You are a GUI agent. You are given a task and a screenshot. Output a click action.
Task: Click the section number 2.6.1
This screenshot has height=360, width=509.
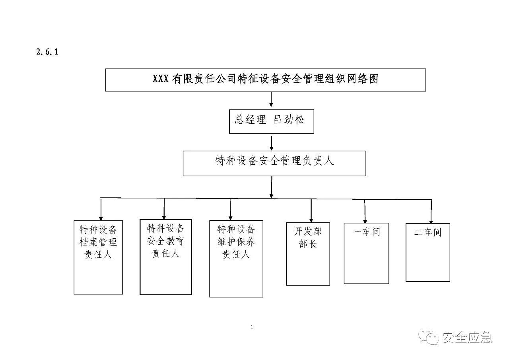(47, 52)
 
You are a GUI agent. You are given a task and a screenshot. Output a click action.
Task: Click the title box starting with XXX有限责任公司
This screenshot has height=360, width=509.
(265, 80)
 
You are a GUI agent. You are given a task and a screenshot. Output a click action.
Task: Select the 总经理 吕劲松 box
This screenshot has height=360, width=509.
(271, 121)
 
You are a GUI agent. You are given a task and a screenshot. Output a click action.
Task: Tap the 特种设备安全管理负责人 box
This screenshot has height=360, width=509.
(274, 163)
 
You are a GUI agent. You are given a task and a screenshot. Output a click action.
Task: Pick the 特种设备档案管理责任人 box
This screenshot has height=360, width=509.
(98, 257)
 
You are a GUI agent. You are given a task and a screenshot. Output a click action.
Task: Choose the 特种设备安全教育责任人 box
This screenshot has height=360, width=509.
(165, 257)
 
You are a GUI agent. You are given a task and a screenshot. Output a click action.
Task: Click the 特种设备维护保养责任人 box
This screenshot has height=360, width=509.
(236, 258)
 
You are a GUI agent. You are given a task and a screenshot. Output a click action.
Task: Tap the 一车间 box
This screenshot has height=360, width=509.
(366, 253)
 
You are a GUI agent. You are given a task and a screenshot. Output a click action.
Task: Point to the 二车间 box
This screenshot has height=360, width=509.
(427, 253)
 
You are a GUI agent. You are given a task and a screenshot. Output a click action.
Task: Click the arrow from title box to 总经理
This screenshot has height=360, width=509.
(271, 100)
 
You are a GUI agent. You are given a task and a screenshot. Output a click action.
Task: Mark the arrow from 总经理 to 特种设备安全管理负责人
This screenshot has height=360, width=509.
(271, 142)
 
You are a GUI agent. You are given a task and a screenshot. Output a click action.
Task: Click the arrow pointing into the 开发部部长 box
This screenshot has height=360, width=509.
(311, 210)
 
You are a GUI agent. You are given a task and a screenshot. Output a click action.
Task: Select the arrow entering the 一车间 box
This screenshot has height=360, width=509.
(365, 211)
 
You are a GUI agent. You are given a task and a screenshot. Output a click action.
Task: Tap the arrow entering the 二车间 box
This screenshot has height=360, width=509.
(431, 212)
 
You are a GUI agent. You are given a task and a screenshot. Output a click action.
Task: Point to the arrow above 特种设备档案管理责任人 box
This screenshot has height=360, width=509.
(101, 209)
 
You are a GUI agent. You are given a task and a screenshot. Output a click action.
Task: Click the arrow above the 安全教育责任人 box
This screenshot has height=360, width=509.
(164, 209)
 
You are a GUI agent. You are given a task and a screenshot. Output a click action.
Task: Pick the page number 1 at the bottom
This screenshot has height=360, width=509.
(253, 327)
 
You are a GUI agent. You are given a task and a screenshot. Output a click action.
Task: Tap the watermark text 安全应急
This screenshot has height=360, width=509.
(467, 338)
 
